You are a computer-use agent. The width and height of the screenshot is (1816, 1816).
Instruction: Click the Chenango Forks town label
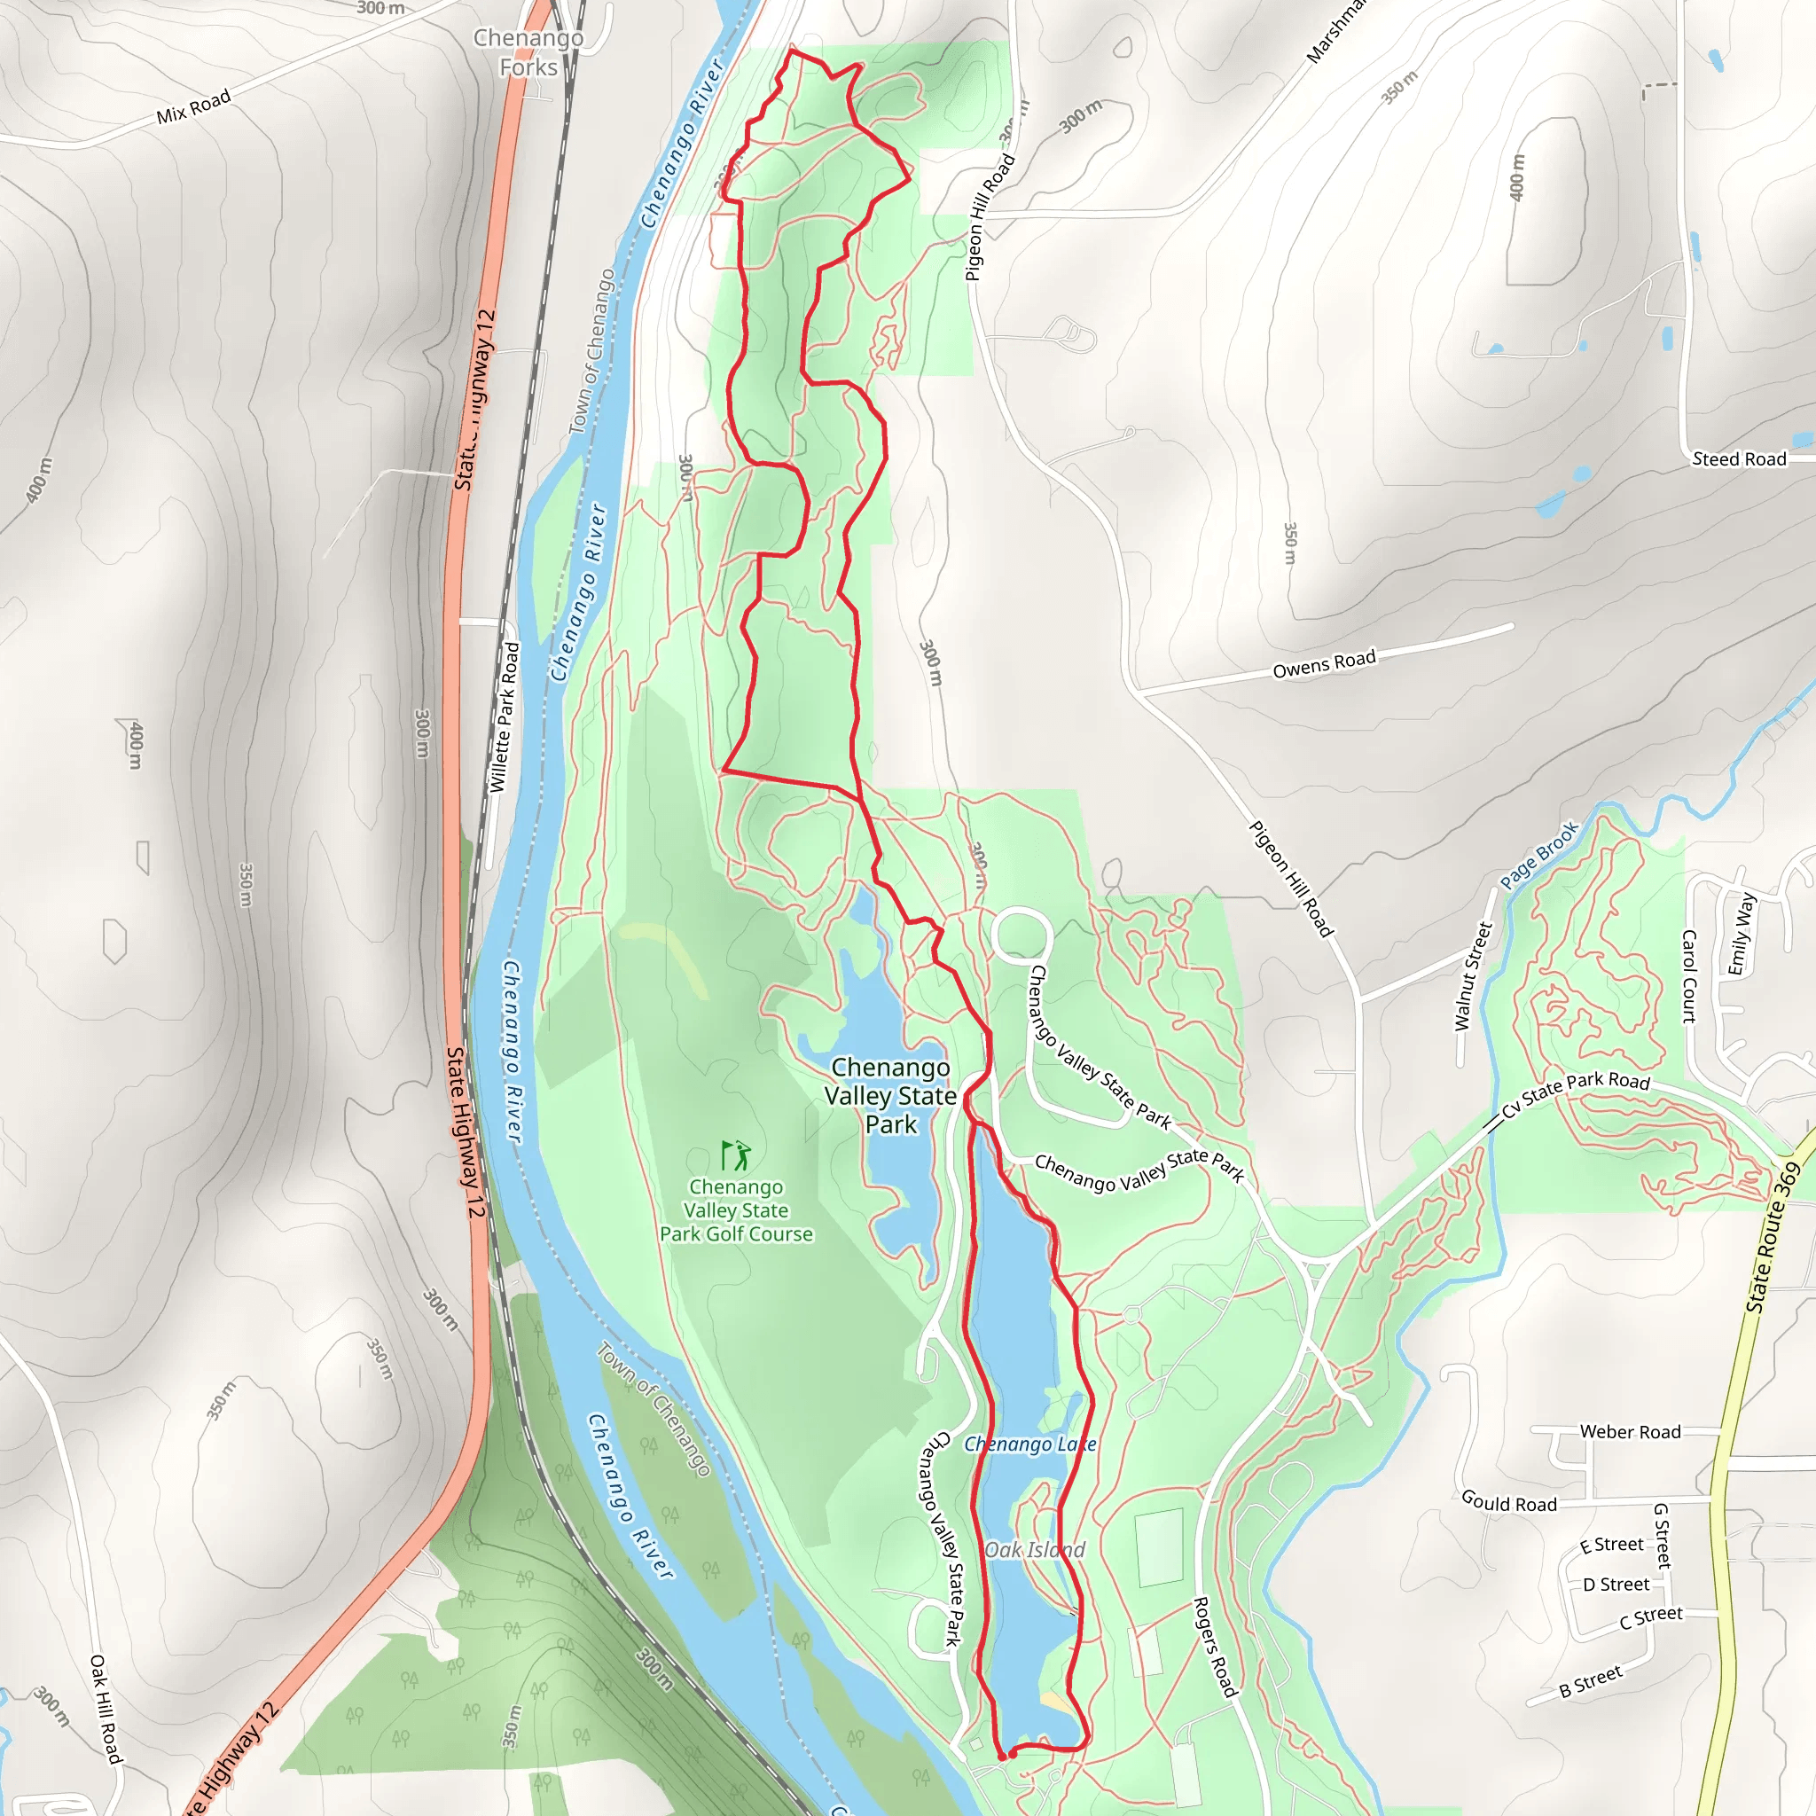click(528, 52)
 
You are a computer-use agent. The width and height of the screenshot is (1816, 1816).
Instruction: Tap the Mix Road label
click(192, 107)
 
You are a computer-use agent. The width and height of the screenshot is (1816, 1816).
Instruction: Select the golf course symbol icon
click(736, 1155)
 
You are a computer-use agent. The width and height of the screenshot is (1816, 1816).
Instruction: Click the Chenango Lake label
click(1030, 1444)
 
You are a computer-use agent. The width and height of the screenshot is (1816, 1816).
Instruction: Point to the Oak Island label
click(1034, 1550)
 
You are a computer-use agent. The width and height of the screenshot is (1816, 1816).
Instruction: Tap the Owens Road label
click(1324, 663)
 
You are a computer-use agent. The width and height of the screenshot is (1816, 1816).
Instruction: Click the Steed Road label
click(1739, 458)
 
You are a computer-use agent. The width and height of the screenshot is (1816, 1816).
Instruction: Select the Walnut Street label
click(1472, 976)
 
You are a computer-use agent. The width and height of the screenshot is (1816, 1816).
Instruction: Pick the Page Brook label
click(1538, 856)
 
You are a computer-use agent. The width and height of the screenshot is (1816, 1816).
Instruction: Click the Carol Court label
click(1689, 975)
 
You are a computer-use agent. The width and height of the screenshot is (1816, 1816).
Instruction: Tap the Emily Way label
click(1741, 934)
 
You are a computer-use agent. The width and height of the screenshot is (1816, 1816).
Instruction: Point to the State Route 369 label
click(1773, 1237)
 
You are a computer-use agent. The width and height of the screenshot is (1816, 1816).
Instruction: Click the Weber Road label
click(1630, 1431)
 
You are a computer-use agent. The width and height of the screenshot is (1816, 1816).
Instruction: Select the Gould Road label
click(1508, 1502)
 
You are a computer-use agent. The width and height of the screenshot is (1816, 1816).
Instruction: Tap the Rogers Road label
click(1215, 1646)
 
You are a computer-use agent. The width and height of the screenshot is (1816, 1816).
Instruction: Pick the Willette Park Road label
click(504, 717)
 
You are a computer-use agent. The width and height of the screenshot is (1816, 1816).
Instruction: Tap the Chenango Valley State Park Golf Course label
click(736, 1210)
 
